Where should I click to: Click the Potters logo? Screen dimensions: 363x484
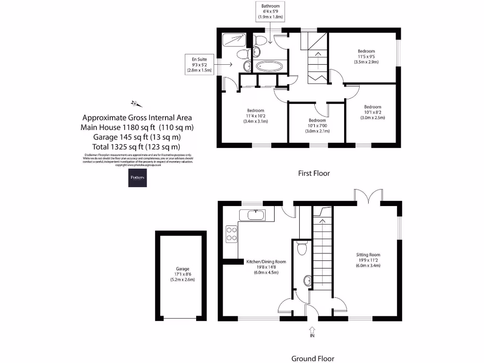[138, 178]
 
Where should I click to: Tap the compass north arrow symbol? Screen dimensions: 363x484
[135, 104]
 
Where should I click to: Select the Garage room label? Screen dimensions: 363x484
[182, 274]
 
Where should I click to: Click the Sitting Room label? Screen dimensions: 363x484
[368, 260]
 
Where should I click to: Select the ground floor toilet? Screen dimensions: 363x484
[301, 247]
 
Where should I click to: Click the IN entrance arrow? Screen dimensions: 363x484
[312, 331]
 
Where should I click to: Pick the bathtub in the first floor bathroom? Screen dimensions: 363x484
[269, 66]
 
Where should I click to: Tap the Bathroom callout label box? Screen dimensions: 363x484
[270, 11]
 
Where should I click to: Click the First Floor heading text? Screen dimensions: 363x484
[314, 173]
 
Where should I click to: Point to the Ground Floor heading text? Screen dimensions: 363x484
[312, 358]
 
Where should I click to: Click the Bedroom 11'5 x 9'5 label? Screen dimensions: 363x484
[366, 56]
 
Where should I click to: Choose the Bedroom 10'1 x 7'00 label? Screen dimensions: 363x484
[317, 126]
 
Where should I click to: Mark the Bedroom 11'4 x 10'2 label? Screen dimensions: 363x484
[255, 116]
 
